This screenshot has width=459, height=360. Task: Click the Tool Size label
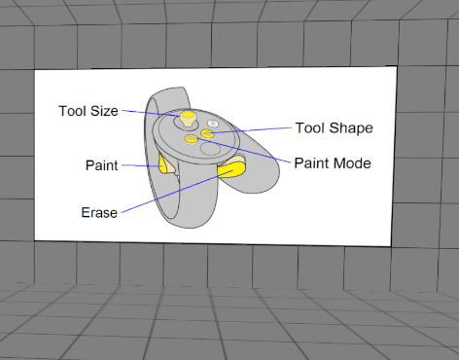coord(88,111)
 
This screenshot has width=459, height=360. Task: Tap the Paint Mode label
coord(333,163)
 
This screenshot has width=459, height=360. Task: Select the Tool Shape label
coord(335,127)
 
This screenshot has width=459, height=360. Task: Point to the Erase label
coord(99,211)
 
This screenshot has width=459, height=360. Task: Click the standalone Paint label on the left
coord(101,166)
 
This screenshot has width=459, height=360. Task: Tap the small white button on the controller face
coord(212,124)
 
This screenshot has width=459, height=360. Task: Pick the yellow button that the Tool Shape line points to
coord(207,133)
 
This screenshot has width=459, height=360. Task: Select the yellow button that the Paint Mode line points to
coord(192,140)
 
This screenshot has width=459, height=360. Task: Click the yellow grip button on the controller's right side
coord(231,171)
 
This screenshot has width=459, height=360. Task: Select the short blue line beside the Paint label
coord(133,166)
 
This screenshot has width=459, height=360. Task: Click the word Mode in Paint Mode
coord(351,163)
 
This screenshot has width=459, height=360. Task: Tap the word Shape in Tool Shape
coord(352,127)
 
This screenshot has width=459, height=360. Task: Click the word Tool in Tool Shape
coord(310,127)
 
